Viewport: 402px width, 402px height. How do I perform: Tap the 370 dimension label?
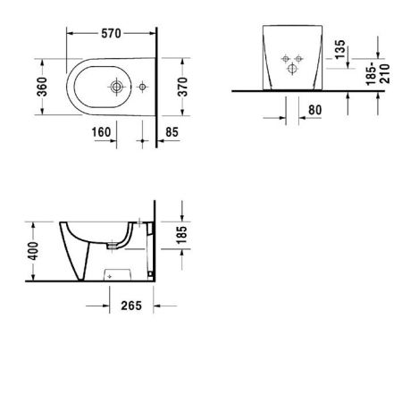click(x=184, y=89)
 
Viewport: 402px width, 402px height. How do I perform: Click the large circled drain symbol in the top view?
click(x=117, y=88)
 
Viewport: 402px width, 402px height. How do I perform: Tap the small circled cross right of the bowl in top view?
click(x=142, y=88)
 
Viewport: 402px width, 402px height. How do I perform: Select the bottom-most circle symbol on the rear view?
click(x=288, y=69)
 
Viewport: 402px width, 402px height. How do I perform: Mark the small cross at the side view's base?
click(x=110, y=278)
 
